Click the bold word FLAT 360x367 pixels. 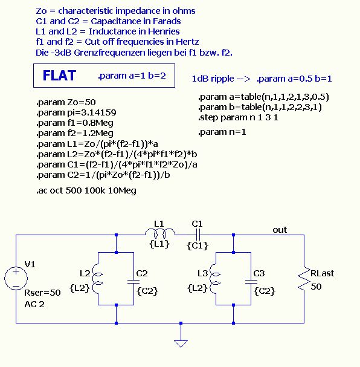click(x=59, y=76)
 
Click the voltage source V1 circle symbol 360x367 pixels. click(x=16, y=278)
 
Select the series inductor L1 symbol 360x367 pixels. click(x=160, y=233)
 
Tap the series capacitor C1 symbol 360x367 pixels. click(x=198, y=235)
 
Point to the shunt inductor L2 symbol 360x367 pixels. click(x=97, y=279)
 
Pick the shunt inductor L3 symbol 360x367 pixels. click(x=215, y=279)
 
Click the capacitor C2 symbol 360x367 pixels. click(x=133, y=281)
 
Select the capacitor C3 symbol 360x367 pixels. click(x=251, y=281)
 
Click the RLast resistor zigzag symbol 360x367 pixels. click(x=304, y=279)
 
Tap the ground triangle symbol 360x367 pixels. click(x=181, y=343)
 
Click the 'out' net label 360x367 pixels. click(x=280, y=230)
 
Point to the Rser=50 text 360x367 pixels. click(x=42, y=293)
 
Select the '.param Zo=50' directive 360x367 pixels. click(x=66, y=102)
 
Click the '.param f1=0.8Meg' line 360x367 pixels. click(x=75, y=123)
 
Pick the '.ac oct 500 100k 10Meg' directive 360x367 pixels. click(x=86, y=190)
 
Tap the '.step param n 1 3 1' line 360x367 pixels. click(x=238, y=117)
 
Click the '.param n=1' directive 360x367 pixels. click(x=222, y=132)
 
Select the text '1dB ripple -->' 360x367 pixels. click(x=221, y=79)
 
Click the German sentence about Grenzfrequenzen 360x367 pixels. click(x=134, y=53)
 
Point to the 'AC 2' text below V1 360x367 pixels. click(x=34, y=304)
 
